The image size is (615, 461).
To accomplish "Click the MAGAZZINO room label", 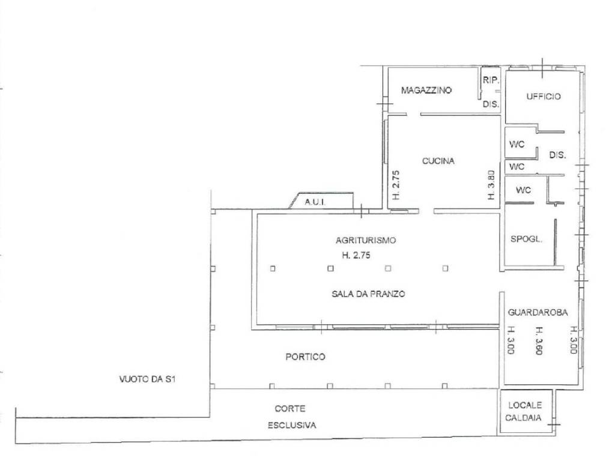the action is click(x=426, y=90).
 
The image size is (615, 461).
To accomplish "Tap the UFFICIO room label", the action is click(x=543, y=97).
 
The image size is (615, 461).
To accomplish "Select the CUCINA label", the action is click(x=438, y=161).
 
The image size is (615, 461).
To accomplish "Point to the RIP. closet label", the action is click(x=491, y=80).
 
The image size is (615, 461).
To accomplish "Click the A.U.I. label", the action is click(x=315, y=202).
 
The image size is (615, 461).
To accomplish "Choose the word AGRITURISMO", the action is click(x=366, y=240).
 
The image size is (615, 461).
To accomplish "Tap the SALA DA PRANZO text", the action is click(x=368, y=294).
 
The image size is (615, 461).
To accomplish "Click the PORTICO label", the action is click(x=305, y=357).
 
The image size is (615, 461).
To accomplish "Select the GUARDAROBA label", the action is click(x=538, y=312).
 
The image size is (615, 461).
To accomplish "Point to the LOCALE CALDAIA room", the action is click(x=524, y=412).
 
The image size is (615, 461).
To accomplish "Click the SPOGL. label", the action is click(x=526, y=239).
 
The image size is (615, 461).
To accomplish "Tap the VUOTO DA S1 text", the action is click(x=148, y=379).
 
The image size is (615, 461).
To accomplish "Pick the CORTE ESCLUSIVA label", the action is click(x=291, y=417).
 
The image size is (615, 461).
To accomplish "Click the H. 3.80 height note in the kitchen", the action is click(x=491, y=185).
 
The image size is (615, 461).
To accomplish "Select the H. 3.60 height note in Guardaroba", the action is click(x=539, y=341).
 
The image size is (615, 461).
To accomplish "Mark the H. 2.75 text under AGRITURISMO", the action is click(x=356, y=255).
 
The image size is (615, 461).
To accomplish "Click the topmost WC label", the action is click(x=517, y=144).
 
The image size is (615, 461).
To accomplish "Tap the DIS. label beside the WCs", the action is click(x=557, y=155).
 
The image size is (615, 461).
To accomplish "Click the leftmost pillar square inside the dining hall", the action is click(x=273, y=268).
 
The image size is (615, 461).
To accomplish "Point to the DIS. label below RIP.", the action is click(x=491, y=104).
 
